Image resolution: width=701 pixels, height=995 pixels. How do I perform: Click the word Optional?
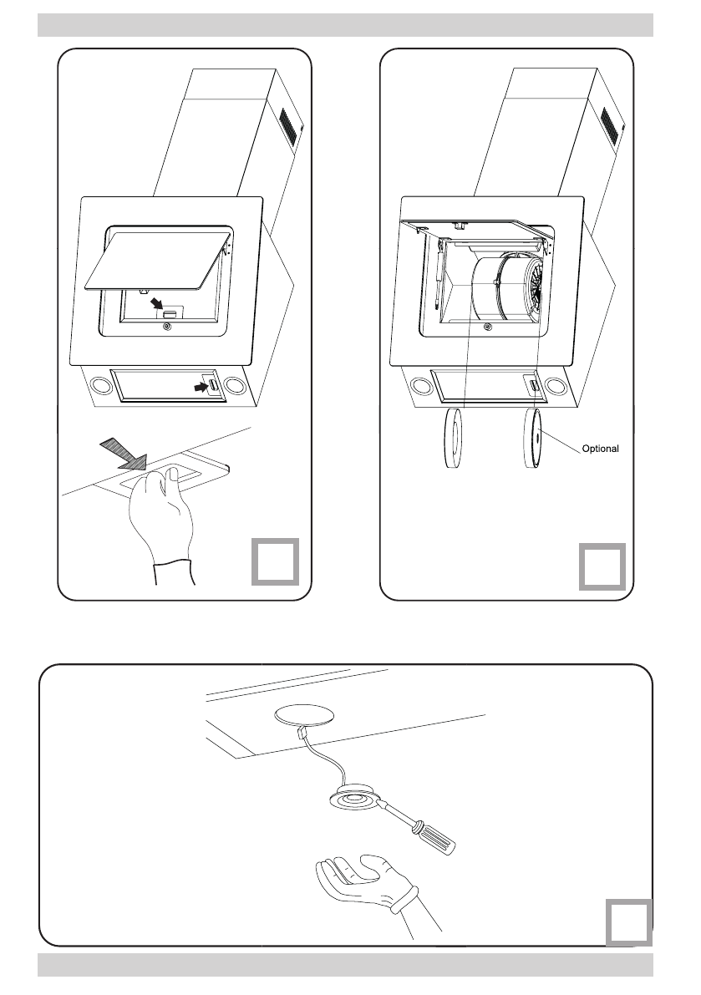tap(600, 449)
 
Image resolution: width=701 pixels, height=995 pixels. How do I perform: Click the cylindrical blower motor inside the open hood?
tap(501, 288)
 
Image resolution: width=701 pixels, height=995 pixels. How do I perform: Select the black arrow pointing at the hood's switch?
tap(200, 387)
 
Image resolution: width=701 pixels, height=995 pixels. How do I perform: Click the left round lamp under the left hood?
tap(100, 387)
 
